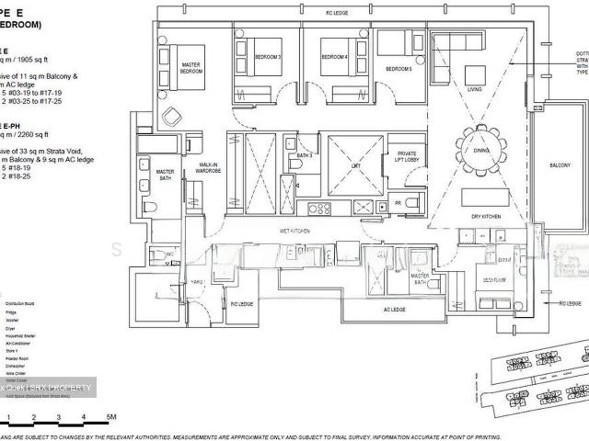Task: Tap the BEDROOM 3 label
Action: (x=267, y=57)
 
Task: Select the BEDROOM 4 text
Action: (x=333, y=57)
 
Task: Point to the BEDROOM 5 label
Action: (x=398, y=69)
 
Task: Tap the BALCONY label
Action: (x=560, y=165)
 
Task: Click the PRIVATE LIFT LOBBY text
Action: (x=406, y=157)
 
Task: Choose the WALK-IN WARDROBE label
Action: (x=207, y=168)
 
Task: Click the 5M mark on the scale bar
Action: (x=110, y=391)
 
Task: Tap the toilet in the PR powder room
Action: (x=411, y=201)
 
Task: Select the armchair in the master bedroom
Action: (x=173, y=115)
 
